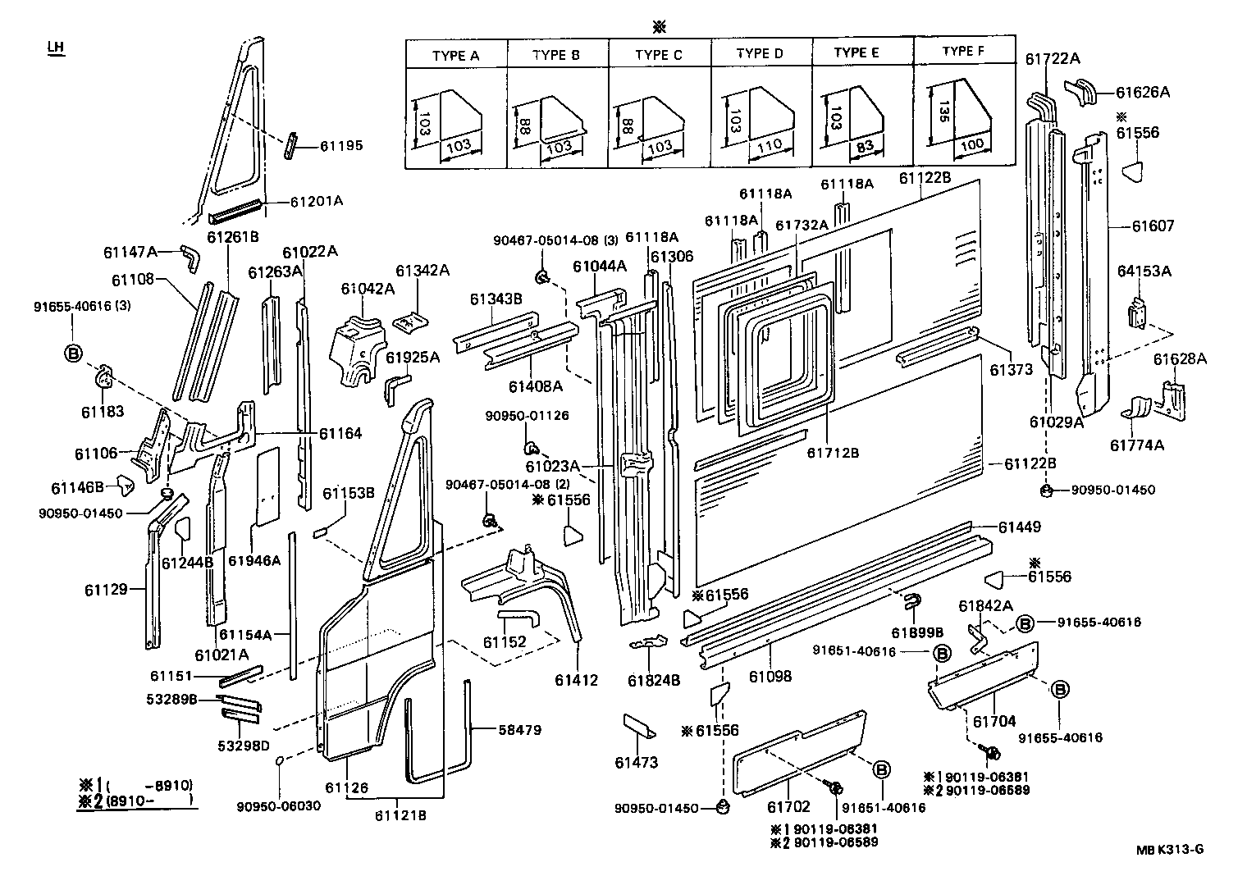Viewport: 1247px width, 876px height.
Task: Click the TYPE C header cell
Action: coord(658,56)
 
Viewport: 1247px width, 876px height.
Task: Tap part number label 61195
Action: coord(340,146)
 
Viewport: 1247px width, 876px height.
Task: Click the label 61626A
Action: coord(1143,92)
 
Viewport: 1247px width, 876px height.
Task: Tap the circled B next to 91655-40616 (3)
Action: coord(73,354)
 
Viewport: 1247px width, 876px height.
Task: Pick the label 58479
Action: coord(519,729)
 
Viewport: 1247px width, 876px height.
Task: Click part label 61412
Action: coord(577,680)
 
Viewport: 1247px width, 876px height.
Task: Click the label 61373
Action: coord(1011,370)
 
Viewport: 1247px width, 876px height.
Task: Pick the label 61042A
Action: coord(368,288)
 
